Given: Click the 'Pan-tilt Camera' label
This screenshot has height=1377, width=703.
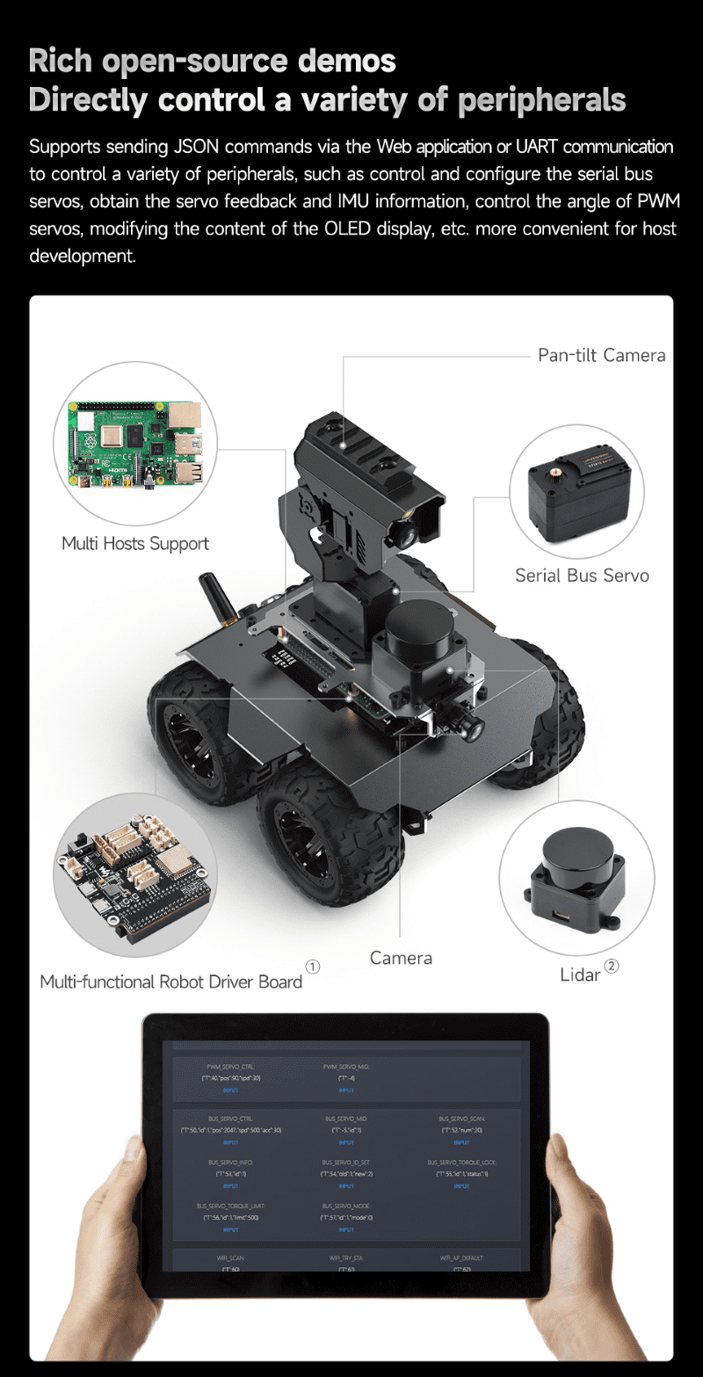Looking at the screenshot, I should (601, 356).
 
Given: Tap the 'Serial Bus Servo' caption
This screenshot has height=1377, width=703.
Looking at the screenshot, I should (582, 576).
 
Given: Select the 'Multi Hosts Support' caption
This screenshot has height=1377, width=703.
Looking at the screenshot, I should (135, 543).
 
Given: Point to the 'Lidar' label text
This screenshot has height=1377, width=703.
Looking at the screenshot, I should (580, 975).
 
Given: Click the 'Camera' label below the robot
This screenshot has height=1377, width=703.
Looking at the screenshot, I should (401, 958).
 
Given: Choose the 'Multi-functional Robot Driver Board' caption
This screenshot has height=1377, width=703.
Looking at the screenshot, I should (171, 982).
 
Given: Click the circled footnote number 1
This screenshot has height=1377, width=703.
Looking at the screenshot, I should (313, 967).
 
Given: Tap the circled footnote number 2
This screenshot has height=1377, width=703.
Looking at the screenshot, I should (612, 966).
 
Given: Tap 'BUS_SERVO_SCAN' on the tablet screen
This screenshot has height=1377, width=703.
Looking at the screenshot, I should (461, 1119).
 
